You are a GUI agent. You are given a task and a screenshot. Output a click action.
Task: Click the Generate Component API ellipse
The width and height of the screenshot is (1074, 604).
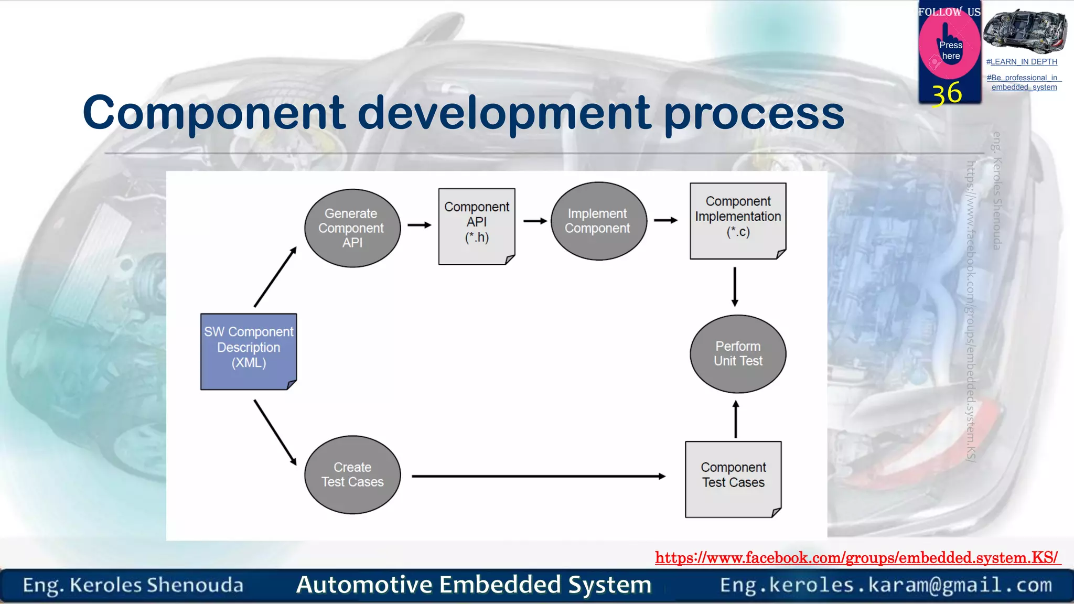[x=352, y=228]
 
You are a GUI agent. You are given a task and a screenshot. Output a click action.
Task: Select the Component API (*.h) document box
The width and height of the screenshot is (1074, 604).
[x=476, y=226]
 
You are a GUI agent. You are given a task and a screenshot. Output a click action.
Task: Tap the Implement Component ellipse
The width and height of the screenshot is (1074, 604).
[x=598, y=221]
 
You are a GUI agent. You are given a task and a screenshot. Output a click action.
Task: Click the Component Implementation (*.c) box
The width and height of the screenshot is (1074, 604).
[x=737, y=221]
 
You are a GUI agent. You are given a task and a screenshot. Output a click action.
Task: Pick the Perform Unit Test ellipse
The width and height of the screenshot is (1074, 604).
[x=737, y=354]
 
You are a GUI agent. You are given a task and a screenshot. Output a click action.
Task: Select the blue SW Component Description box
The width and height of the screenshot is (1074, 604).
[x=249, y=351]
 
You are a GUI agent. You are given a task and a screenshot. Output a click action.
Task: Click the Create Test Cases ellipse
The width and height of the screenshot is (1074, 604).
[x=352, y=474]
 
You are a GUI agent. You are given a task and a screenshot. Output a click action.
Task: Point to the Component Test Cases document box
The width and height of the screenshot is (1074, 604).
[x=733, y=479]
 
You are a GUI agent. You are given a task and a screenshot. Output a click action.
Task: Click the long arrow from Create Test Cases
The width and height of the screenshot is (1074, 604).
[x=538, y=476]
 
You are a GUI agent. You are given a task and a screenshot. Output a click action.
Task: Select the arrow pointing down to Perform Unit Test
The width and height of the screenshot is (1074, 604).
[x=735, y=286]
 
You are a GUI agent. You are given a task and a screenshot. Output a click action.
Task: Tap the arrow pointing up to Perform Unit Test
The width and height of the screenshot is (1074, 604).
[x=735, y=419]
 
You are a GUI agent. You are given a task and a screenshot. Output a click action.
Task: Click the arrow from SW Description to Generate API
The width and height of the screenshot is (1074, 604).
[x=275, y=277]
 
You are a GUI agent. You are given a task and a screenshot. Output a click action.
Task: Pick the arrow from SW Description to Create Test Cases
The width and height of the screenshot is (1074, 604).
[x=275, y=432]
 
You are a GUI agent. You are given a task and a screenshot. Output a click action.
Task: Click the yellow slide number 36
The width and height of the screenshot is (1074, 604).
[x=947, y=94]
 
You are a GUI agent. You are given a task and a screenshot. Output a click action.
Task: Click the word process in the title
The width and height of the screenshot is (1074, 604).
[x=754, y=113]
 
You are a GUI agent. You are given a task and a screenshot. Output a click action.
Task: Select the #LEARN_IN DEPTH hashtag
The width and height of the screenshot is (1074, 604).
[x=1022, y=62]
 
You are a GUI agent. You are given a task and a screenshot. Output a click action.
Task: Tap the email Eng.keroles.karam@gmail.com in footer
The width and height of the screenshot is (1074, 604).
[x=886, y=585]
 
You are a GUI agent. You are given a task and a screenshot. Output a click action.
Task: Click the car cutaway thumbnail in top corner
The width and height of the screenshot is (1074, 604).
[x=1025, y=31]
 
